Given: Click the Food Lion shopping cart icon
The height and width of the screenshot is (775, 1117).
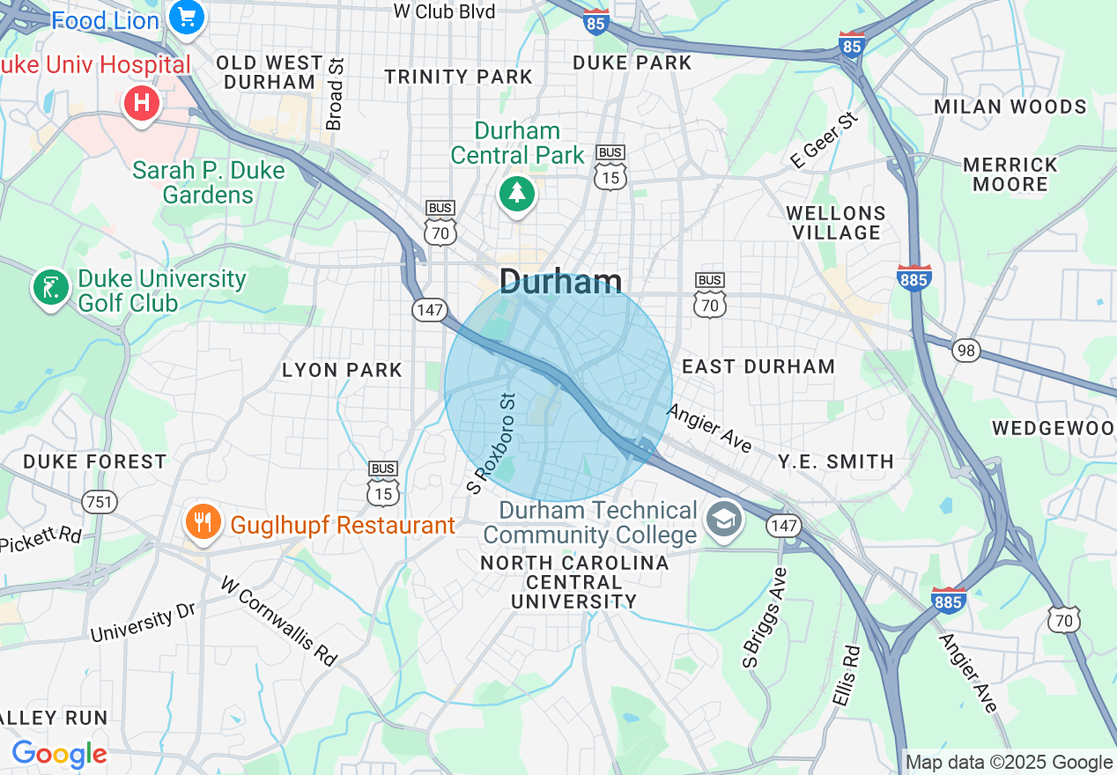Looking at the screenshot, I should [187, 17].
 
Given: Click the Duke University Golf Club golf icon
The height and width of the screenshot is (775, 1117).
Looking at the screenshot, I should [51, 288].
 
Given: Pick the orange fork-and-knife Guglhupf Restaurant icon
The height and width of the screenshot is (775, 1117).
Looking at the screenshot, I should [203, 524].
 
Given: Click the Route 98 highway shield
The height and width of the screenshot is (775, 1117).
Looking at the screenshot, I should [966, 350].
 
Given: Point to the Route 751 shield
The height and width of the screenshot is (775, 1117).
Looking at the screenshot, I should [99, 502].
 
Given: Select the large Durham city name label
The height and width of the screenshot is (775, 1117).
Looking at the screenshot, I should [560, 282].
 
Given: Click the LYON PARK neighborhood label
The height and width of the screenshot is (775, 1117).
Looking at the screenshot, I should [342, 370].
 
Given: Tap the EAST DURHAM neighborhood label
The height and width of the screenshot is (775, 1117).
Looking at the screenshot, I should [758, 366].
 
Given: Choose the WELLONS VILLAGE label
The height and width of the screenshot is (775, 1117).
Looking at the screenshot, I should [836, 223].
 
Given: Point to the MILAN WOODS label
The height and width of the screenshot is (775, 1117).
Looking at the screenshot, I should [1010, 107].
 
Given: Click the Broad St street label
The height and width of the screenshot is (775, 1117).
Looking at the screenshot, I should [334, 94].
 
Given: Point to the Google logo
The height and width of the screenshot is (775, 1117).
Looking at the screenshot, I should [59, 754].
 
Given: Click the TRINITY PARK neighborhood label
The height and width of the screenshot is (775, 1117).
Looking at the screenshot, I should [459, 77].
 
